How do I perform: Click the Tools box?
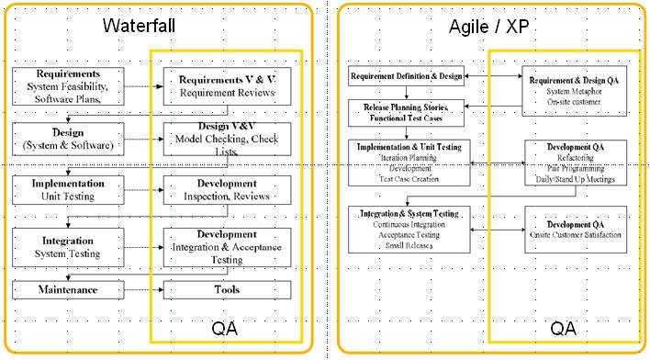[x=227, y=290]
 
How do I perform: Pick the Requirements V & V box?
[x=227, y=85]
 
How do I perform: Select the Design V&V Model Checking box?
[x=227, y=139]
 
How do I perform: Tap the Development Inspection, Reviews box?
[x=227, y=190]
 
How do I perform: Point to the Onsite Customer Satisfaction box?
[x=575, y=230]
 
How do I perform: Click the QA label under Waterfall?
[x=226, y=328]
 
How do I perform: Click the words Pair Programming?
[x=575, y=168]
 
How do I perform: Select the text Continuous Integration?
[x=415, y=225]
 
